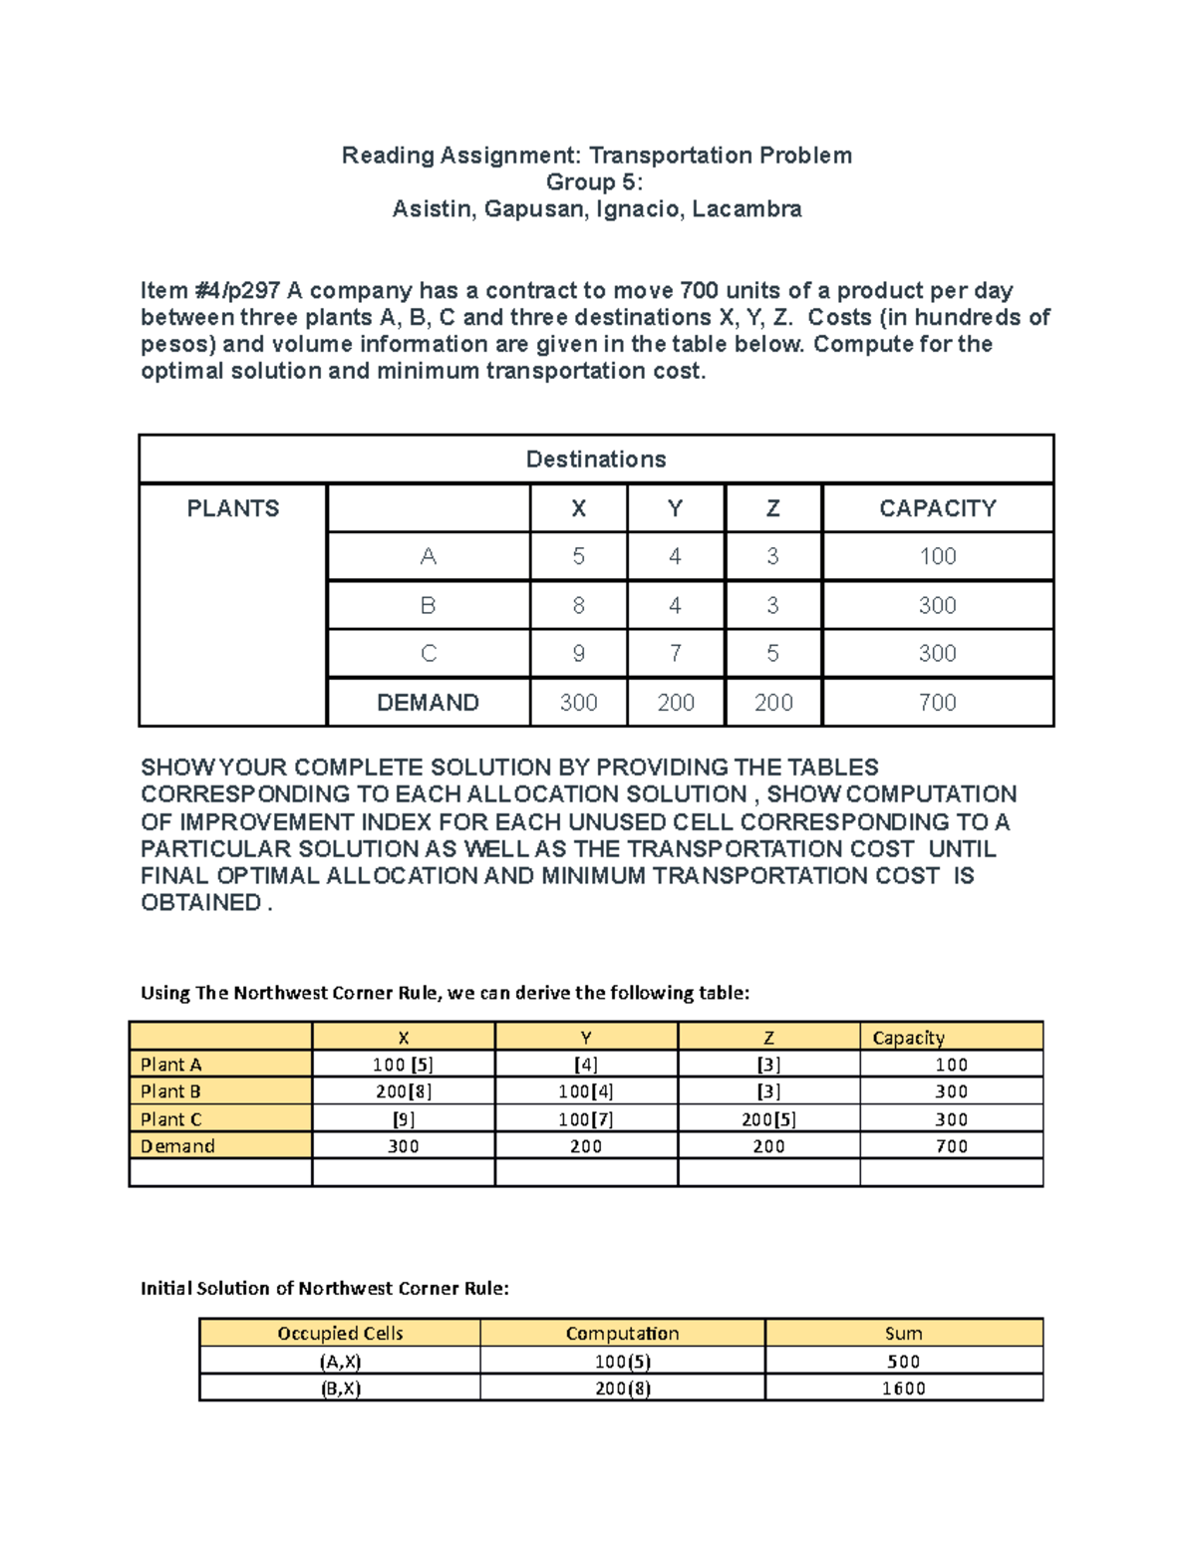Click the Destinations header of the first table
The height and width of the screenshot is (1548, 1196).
click(x=595, y=460)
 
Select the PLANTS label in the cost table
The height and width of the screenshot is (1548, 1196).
click(x=232, y=508)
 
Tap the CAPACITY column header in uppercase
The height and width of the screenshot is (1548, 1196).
click(x=937, y=508)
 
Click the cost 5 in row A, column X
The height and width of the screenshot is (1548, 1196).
click(x=578, y=556)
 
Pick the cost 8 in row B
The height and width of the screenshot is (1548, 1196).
click(x=578, y=605)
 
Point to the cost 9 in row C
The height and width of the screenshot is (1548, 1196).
click(x=578, y=654)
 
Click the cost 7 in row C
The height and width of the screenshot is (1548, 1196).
click(x=675, y=654)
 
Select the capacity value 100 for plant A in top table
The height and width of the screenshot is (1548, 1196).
click(x=937, y=556)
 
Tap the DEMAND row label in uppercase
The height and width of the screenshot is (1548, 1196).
click(x=428, y=703)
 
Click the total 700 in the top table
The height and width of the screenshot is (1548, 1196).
click(x=937, y=703)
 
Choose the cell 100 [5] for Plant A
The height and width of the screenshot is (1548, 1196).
click(x=403, y=1065)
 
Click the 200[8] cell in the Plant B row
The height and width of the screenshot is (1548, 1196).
click(x=403, y=1091)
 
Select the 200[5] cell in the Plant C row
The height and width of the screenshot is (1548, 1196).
click(x=768, y=1119)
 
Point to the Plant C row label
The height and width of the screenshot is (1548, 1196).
click(x=171, y=1119)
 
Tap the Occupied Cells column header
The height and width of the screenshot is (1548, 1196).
click(x=340, y=1334)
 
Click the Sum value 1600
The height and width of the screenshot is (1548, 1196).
click(x=903, y=1389)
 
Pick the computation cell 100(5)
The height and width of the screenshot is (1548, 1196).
click(x=623, y=1362)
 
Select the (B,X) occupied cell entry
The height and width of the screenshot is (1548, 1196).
click(x=340, y=1389)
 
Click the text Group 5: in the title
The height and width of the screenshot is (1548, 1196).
click(x=595, y=182)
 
